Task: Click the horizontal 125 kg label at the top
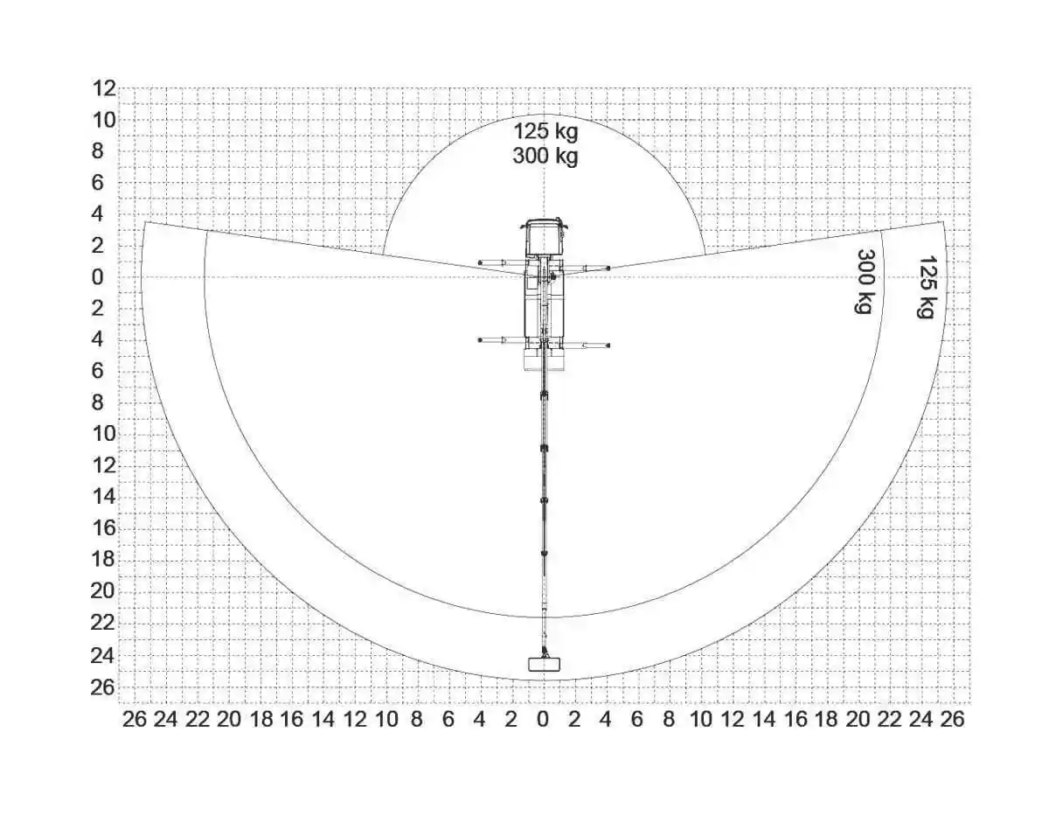click(x=545, y=131)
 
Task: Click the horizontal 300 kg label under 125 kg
click(x=545, y=156)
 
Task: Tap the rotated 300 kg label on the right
click(x=866, y=281)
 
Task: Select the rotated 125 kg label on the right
click(x=927, y=287)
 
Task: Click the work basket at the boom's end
click(x=544, y=664)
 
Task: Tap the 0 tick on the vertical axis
click(x=98, y=277)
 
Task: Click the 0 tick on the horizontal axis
click(x=543, y=720)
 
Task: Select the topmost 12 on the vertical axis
click(x=104, y=89)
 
